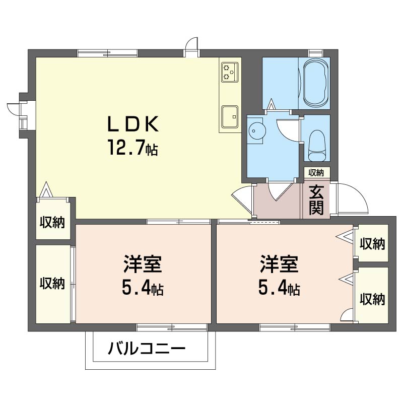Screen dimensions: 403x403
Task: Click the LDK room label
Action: (x=132, y=124)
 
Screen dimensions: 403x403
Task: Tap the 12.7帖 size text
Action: (x=133, y=147)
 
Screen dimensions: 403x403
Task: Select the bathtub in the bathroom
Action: (x=316, y=83)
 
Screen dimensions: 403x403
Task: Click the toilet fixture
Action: (x=317, y=146)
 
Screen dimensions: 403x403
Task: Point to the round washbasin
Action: (x=255, y=131)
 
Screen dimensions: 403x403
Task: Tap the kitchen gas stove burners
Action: (x=230, y=72)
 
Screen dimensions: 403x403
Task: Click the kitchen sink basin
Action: (x=230, y=117)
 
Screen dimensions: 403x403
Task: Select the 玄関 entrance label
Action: (x=316, y=199)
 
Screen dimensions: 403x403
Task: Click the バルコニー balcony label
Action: (x=147, y=349)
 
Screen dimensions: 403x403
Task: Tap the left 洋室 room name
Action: (x=143, y=264)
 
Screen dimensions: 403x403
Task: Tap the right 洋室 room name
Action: (x=279, y=264)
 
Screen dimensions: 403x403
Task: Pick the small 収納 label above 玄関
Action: (x=316, y=173)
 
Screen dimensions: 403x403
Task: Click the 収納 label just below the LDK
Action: (x=52, y=222)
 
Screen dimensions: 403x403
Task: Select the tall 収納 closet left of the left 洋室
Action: (x=53, y=284)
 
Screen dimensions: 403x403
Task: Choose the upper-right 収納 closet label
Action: (x=372, y=244)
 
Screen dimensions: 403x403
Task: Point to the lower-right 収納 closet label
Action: (x=372, y=299)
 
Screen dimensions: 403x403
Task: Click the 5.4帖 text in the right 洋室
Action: (x=279, y=289)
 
